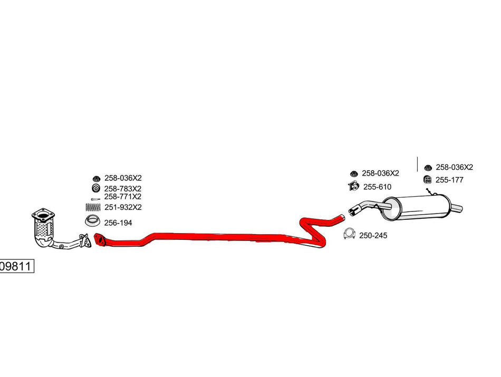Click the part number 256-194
(118, 223)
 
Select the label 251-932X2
(123, 207)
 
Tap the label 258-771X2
(122, 197)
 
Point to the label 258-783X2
(123, 189)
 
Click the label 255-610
(377, 187)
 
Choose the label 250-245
(373, 236)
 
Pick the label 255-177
(449, 180)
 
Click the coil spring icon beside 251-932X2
(93, 207)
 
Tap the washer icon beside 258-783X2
(96, 189)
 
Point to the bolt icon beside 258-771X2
(95, 199)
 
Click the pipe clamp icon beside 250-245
(349, 234)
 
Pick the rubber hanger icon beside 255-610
(353, 186)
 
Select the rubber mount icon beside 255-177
(427, 180)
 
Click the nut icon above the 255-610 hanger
(353, 173)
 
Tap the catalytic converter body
(43, 228)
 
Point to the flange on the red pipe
(100, 239)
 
